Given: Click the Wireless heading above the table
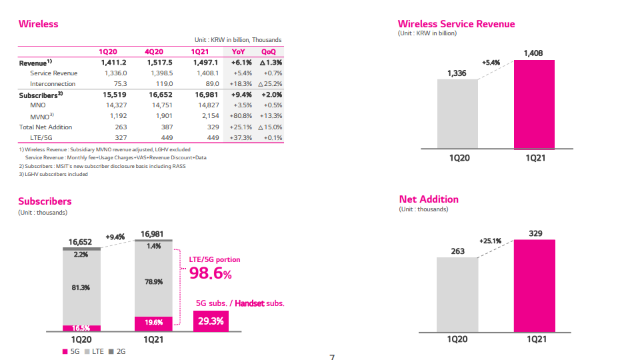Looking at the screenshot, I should point(38,24).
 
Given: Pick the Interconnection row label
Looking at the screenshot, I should point(53,84).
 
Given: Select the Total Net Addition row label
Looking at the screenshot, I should point(45,127).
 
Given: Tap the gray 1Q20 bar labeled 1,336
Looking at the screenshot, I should point(457,113).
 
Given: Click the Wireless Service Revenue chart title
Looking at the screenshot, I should point(456,24).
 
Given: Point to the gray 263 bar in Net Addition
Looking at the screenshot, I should point(457,294).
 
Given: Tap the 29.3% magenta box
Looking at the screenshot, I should point(211,321).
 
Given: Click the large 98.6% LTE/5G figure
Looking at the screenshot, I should point(211,273).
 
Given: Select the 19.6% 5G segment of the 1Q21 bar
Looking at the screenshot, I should point(153,323).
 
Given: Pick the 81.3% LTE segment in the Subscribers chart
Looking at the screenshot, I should point(81,287).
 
